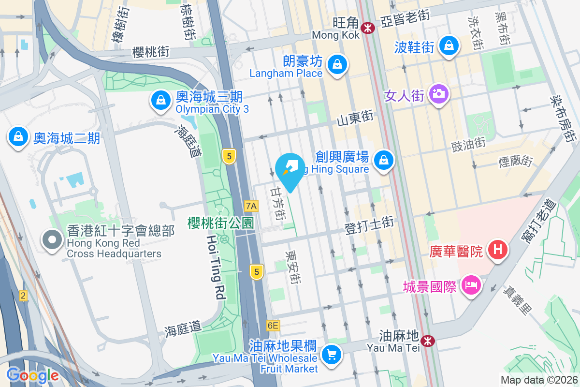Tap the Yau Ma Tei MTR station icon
[427, 341]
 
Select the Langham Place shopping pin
[337, 64]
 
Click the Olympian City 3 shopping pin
[159, 101]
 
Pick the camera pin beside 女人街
[438, 93]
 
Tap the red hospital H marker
[498, 250]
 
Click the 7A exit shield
[251, 206]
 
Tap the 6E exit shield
[273, 326]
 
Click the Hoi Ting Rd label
[216, 267]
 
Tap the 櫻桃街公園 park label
[221, 223]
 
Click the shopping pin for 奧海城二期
[18, 137]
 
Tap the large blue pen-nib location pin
[290, 170]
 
